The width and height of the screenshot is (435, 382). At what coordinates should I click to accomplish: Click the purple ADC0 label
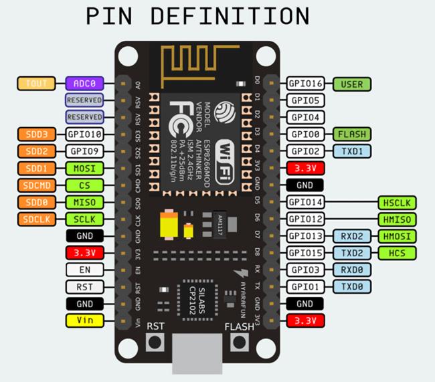click(x=84, y=84)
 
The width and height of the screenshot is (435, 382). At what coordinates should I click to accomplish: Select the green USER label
click(x=351, y=84)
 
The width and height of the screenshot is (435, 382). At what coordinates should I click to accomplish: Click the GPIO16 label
click(x=305, y=84)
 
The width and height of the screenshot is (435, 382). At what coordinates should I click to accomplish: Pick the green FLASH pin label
click(x=351, y=134)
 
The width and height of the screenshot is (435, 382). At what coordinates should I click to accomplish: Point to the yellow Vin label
click(x=84, y=320)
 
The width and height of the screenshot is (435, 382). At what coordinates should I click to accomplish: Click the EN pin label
click(x=84, y=270)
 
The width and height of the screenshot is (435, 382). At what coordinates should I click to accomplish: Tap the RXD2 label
click(x=351, y=235)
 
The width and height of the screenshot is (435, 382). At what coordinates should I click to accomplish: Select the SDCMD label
click(x=38, y=185)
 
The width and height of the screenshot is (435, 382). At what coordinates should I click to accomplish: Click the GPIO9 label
click(x=84, y=151)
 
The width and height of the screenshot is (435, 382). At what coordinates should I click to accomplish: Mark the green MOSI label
click(x=84, y=168)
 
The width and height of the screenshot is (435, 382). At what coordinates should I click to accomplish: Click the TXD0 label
click(x=351, y=286)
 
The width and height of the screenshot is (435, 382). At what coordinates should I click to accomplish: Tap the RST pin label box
click(x=84, y=286)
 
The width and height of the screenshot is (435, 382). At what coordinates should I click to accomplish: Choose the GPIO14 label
click(x=305, y=202)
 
